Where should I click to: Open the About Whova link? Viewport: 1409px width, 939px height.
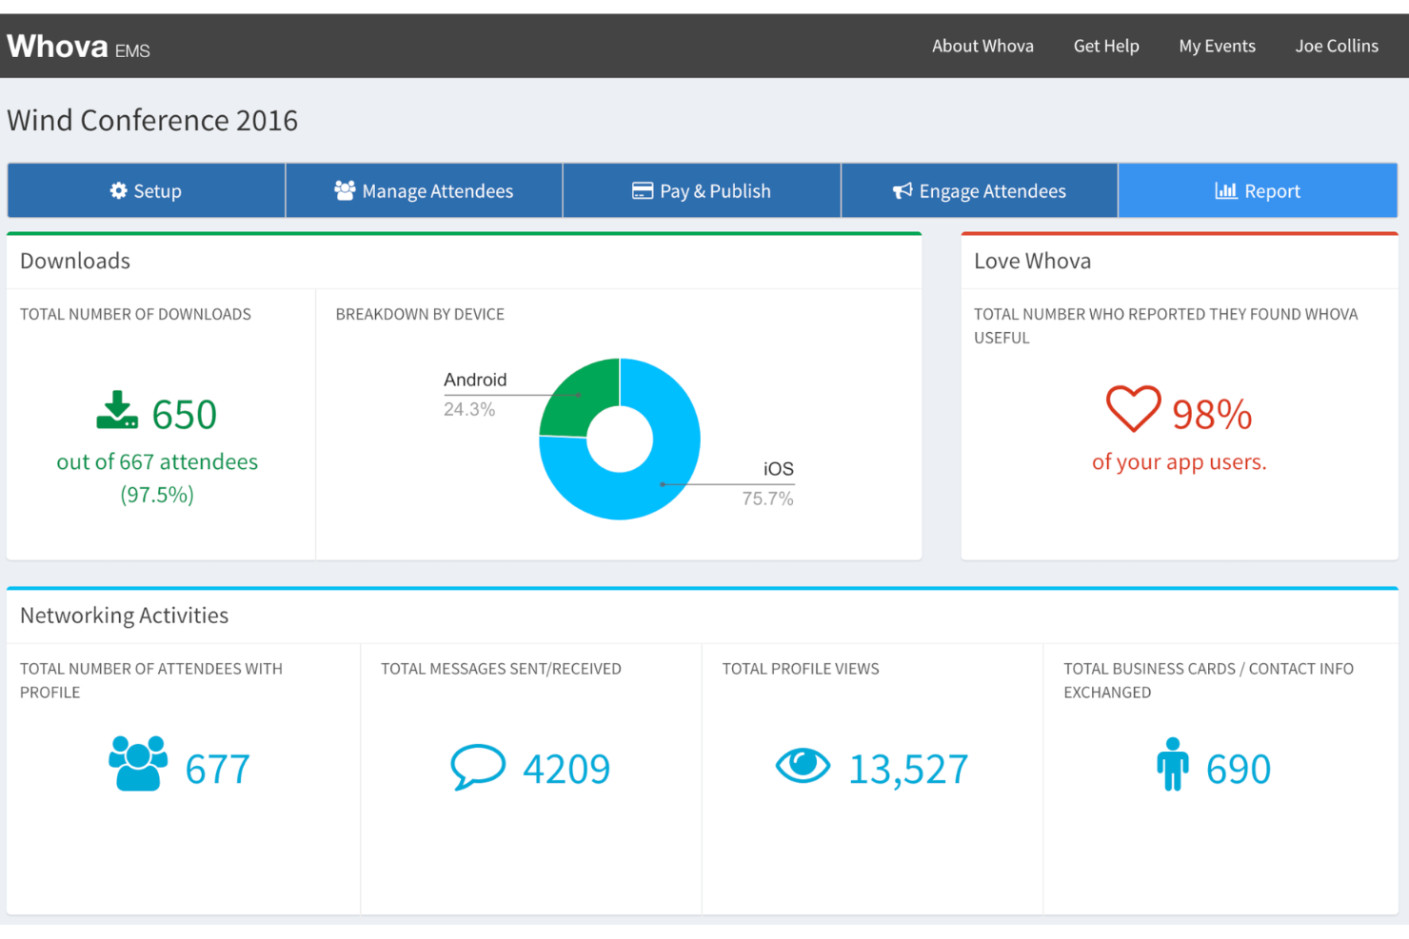tap(982, 46)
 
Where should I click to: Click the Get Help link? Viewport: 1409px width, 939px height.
tap(1105, 46)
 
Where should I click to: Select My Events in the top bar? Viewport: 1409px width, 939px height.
tap(1217, 46)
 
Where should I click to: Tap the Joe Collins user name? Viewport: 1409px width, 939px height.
tap(1336, 46)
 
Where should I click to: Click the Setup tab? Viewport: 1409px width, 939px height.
tap(146, 191)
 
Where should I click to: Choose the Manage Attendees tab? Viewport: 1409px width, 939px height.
tap(424, 191)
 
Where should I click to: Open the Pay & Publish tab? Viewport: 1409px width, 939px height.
tap(702, 191)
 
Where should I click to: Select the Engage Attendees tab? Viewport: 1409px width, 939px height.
tap(979, 191)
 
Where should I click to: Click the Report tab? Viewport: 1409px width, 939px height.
tap(1258, 191)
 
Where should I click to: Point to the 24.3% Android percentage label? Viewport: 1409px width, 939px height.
tap(469, 410)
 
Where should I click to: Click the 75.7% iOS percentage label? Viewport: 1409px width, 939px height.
tap(767, 499)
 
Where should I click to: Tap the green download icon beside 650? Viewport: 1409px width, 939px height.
tap(117, 411)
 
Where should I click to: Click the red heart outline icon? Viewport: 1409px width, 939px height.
tap(1133, 409)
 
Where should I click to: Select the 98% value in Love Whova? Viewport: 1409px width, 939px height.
tap(1211, 415)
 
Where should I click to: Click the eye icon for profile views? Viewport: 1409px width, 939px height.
tap(803, 765)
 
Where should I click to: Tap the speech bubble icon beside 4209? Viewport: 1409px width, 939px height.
tap(477, 767)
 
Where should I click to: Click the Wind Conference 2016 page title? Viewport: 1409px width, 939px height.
tap(152, 121)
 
